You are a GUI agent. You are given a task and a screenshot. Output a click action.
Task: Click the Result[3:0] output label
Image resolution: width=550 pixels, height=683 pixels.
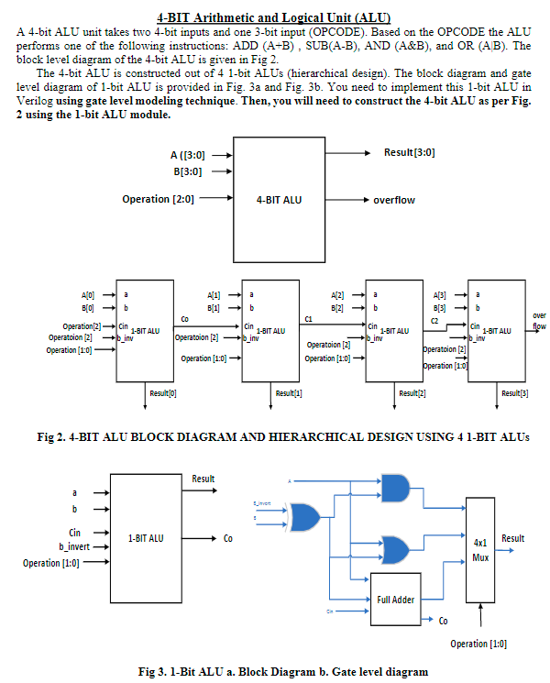410,151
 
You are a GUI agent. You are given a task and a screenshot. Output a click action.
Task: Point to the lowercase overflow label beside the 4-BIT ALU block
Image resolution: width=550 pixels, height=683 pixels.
393,200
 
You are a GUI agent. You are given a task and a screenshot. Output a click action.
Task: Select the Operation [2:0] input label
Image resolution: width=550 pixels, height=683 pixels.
158,199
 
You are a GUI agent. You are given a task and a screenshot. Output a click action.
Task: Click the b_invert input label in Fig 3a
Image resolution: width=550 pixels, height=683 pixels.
72,546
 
